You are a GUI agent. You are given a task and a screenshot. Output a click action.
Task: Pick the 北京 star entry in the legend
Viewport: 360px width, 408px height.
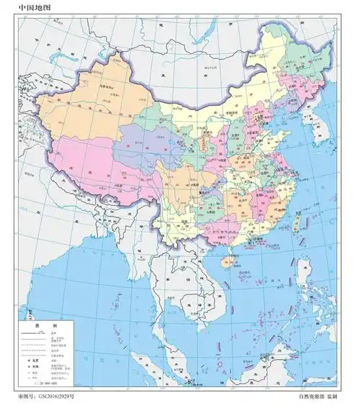click(x=33, y=358)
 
